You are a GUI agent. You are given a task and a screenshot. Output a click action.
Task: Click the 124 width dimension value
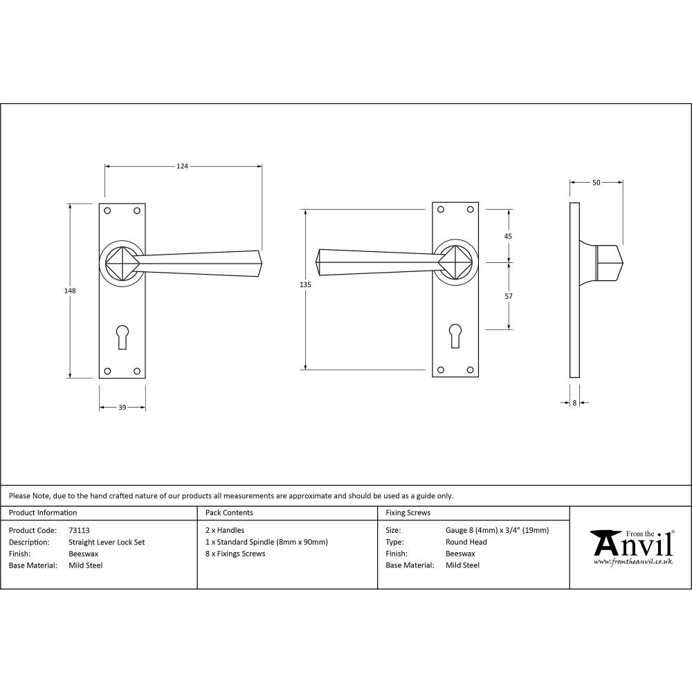click(x=182, y=166)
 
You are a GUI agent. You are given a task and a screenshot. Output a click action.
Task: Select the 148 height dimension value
click(x=70, y=291)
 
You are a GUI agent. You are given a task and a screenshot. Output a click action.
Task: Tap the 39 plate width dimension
click(x=122, y=408)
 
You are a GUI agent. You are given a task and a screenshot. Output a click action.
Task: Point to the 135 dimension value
click(x=306, y=285)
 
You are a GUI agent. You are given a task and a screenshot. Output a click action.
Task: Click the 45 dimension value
click(x=509, y=236)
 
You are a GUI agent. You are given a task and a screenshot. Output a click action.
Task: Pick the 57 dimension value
click(x=509, y=296)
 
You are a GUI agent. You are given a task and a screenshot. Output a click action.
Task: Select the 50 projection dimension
click(x=596, y=183)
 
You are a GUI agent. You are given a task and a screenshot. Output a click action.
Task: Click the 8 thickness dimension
click(x=574, y=402)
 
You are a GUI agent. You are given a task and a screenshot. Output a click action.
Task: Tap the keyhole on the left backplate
click(x=122, y=336)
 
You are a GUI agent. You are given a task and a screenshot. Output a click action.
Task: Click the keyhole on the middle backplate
click(x=455, y=336)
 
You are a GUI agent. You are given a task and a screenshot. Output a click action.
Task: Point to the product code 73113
click(x=80, y=531)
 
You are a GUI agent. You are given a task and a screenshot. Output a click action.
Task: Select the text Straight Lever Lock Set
click(x=107, y=543)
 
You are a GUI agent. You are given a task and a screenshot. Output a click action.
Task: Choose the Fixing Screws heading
click(x=408, y=513)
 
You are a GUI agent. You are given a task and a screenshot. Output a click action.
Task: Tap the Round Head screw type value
click(x=466, y=543)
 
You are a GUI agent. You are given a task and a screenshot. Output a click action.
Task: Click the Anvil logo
click(x=631, y=546)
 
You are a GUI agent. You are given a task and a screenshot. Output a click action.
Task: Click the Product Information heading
click(x=43, y=513)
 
